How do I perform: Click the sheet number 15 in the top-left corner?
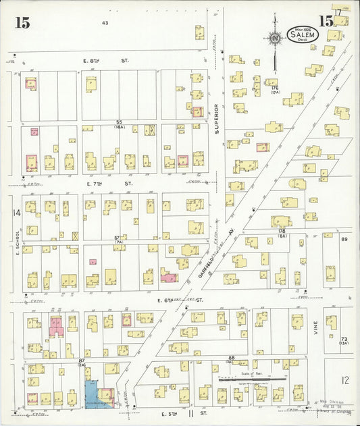tap(22, 22)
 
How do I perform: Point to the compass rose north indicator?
tap(274, 38)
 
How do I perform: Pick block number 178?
tap(281, 231)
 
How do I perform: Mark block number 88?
tap(231, 358)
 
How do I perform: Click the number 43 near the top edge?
tap(105, 23)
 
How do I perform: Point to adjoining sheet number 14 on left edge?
tap(15, 213)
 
